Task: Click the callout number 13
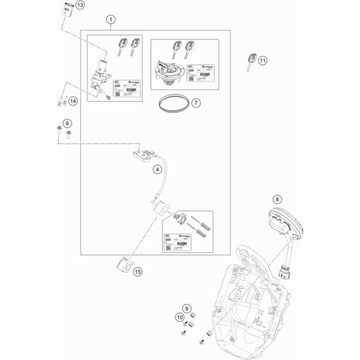[x=80, y=6]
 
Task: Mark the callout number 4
[x=158, y=170]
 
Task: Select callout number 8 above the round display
[x=277, y=199]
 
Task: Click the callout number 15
[x=137, y=272]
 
